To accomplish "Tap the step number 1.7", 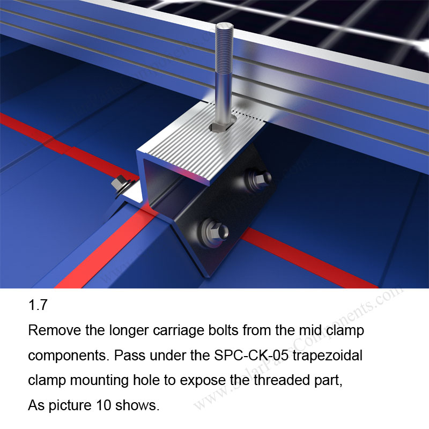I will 38,306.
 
